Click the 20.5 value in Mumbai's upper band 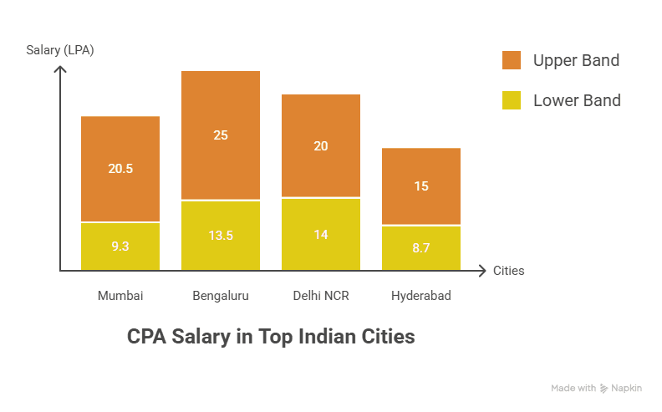(120, 168)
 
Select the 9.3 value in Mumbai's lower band (120, 247)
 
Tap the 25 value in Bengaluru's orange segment (221, 135)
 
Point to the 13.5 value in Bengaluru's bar (221, 235)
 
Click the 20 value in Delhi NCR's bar (321, 145)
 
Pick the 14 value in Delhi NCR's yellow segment (321, 234)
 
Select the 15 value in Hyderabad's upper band (421, 186)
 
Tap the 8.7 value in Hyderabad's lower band (421, 247)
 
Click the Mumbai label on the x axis (120, 295)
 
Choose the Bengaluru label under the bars (221, 295)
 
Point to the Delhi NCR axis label (321, 295)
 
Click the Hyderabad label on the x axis (421, 295)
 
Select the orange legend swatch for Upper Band (512, 60)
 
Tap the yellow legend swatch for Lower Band (512, 100)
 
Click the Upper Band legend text (576, 60)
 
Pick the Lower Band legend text (577, 100)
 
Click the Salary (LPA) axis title (60, 50)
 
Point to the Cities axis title (509, 271)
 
